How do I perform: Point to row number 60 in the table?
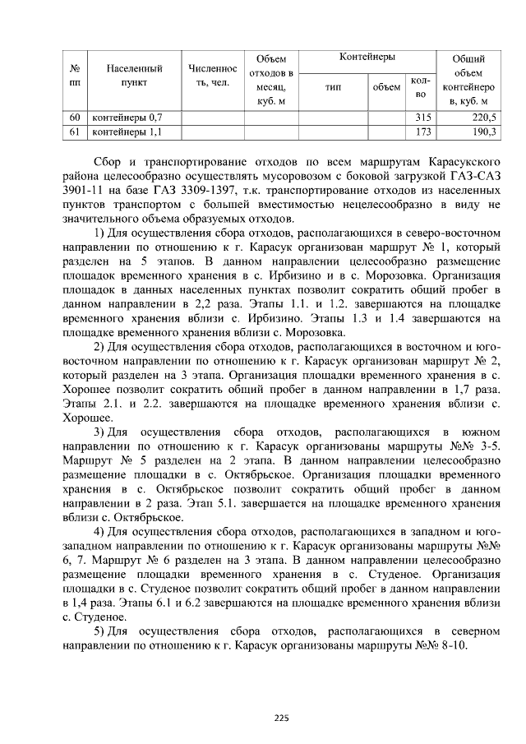[75, 118]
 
